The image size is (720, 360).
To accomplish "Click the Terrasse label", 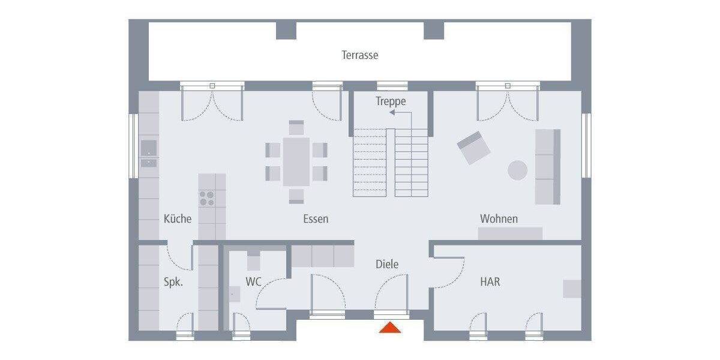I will click(360, 55).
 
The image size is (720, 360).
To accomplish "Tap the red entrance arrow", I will click(390, 328).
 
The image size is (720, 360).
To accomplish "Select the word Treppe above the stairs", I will click(391, 101).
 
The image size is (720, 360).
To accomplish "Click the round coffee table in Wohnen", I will click(518, 170).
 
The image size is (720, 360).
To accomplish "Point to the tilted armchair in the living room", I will click(473, 148).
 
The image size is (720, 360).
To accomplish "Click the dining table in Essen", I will click(296, 161).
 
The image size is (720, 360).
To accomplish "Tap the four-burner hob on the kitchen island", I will click(207, 198).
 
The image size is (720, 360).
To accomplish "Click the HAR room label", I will click(490, 281).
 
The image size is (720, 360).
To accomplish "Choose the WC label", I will click(254, 281).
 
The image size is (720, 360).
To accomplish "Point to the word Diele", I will click(387, 264).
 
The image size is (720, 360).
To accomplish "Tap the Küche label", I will click(178, 219).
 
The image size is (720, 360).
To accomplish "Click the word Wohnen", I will click(499, 219).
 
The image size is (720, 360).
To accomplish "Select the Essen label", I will click(316, 219).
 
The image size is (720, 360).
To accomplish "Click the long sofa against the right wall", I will click(548, 166).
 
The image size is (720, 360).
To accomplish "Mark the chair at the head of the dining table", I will click(296, 127).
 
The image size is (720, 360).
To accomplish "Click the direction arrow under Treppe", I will click(396, 112).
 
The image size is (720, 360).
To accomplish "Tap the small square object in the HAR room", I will click(572, 289).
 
